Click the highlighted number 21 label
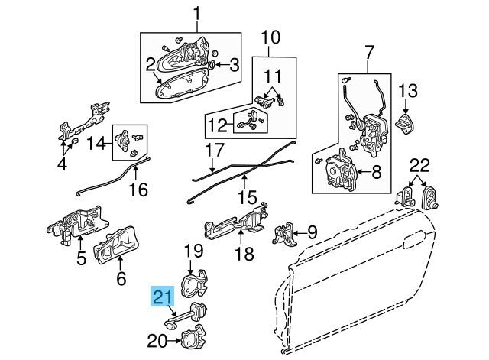point(162,297)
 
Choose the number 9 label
point(313,231)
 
